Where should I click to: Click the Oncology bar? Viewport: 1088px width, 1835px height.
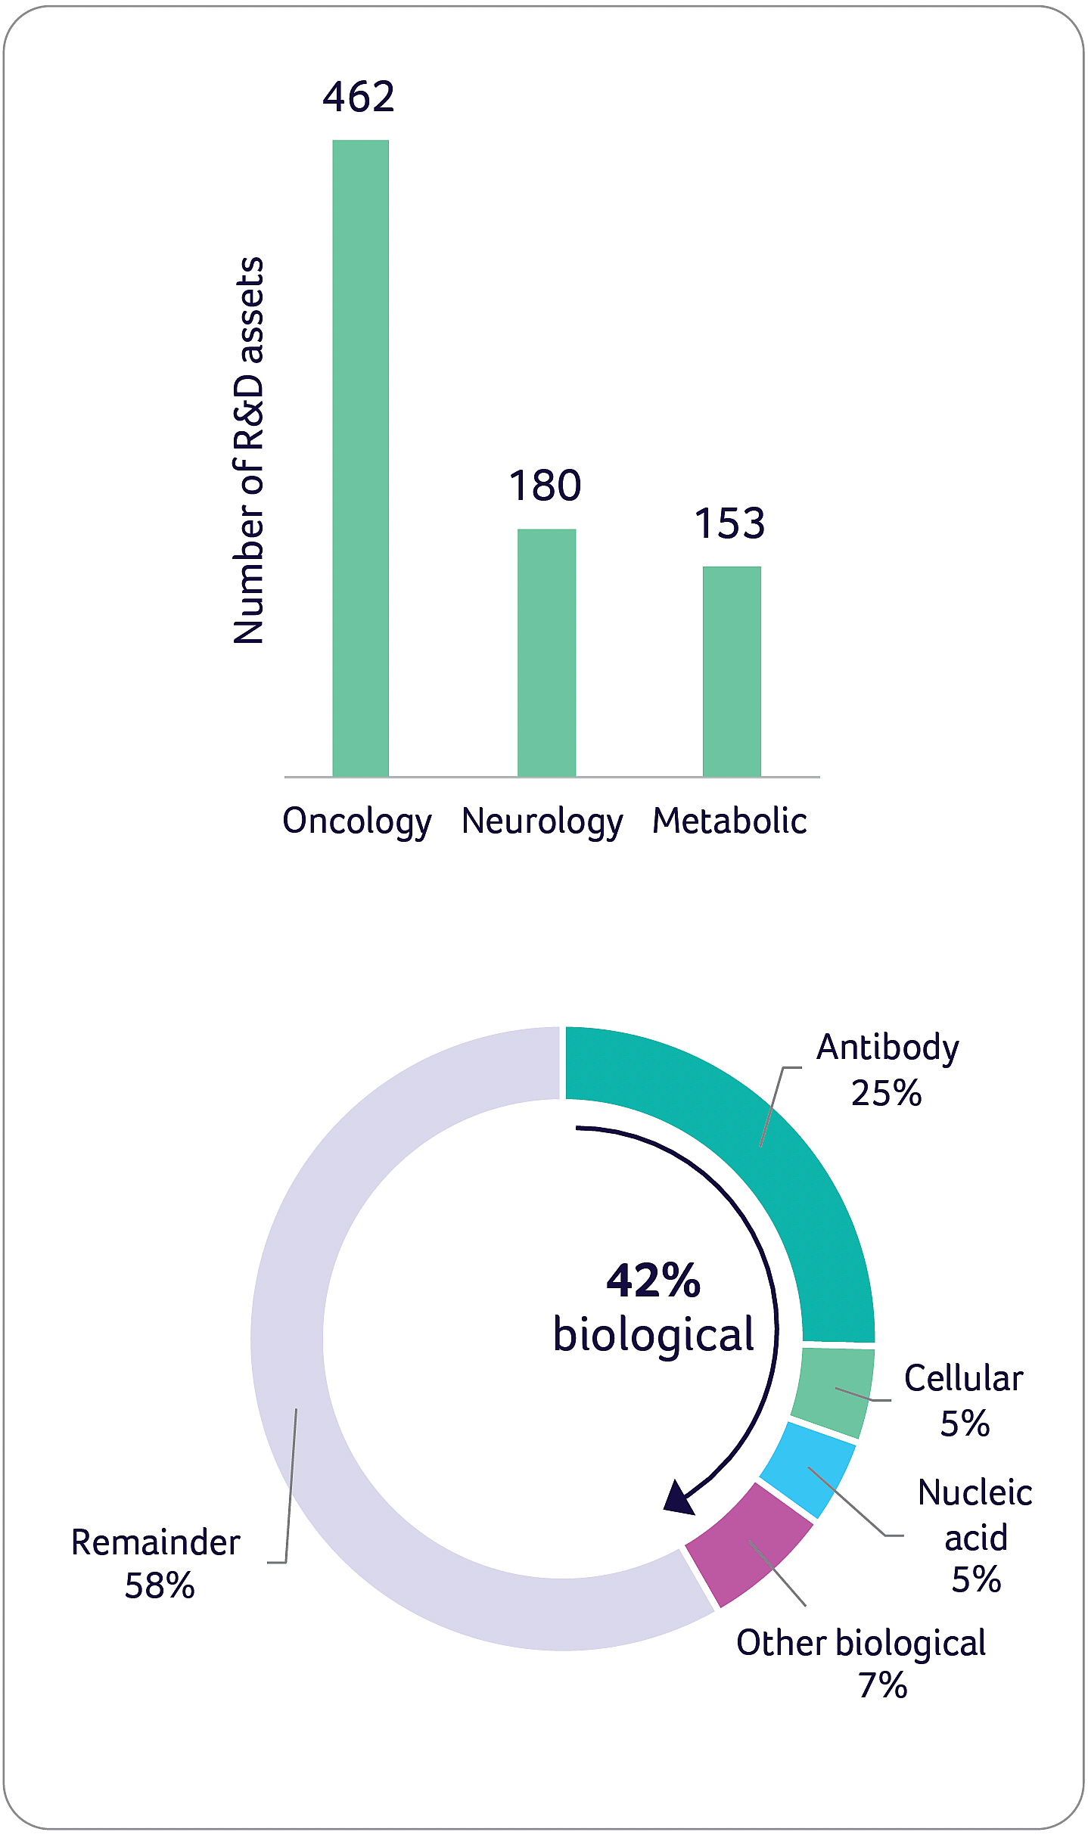point(361,458)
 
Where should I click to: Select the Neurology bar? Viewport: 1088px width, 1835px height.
point(546,652)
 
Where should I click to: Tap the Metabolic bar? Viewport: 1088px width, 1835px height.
point(732,671)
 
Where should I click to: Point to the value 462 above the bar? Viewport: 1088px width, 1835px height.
point(359,97)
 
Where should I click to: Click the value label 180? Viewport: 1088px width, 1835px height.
point(545,486)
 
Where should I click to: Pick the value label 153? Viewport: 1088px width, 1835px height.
point(730,523)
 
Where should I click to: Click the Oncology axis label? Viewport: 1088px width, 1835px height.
point(356,821)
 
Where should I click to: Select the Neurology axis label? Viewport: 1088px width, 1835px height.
point(542,821)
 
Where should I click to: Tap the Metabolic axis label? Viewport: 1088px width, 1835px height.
point(729,821)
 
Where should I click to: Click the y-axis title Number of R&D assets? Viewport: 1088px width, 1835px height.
point(249,451)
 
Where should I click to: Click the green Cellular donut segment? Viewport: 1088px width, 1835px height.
point(833,1390)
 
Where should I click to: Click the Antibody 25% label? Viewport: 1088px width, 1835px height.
point(887,1070)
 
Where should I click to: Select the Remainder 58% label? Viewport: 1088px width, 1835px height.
point(157,1563)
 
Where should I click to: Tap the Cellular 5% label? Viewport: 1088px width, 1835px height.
point(964,1401)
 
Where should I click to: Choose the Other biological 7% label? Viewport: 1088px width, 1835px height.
point(861,1663)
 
